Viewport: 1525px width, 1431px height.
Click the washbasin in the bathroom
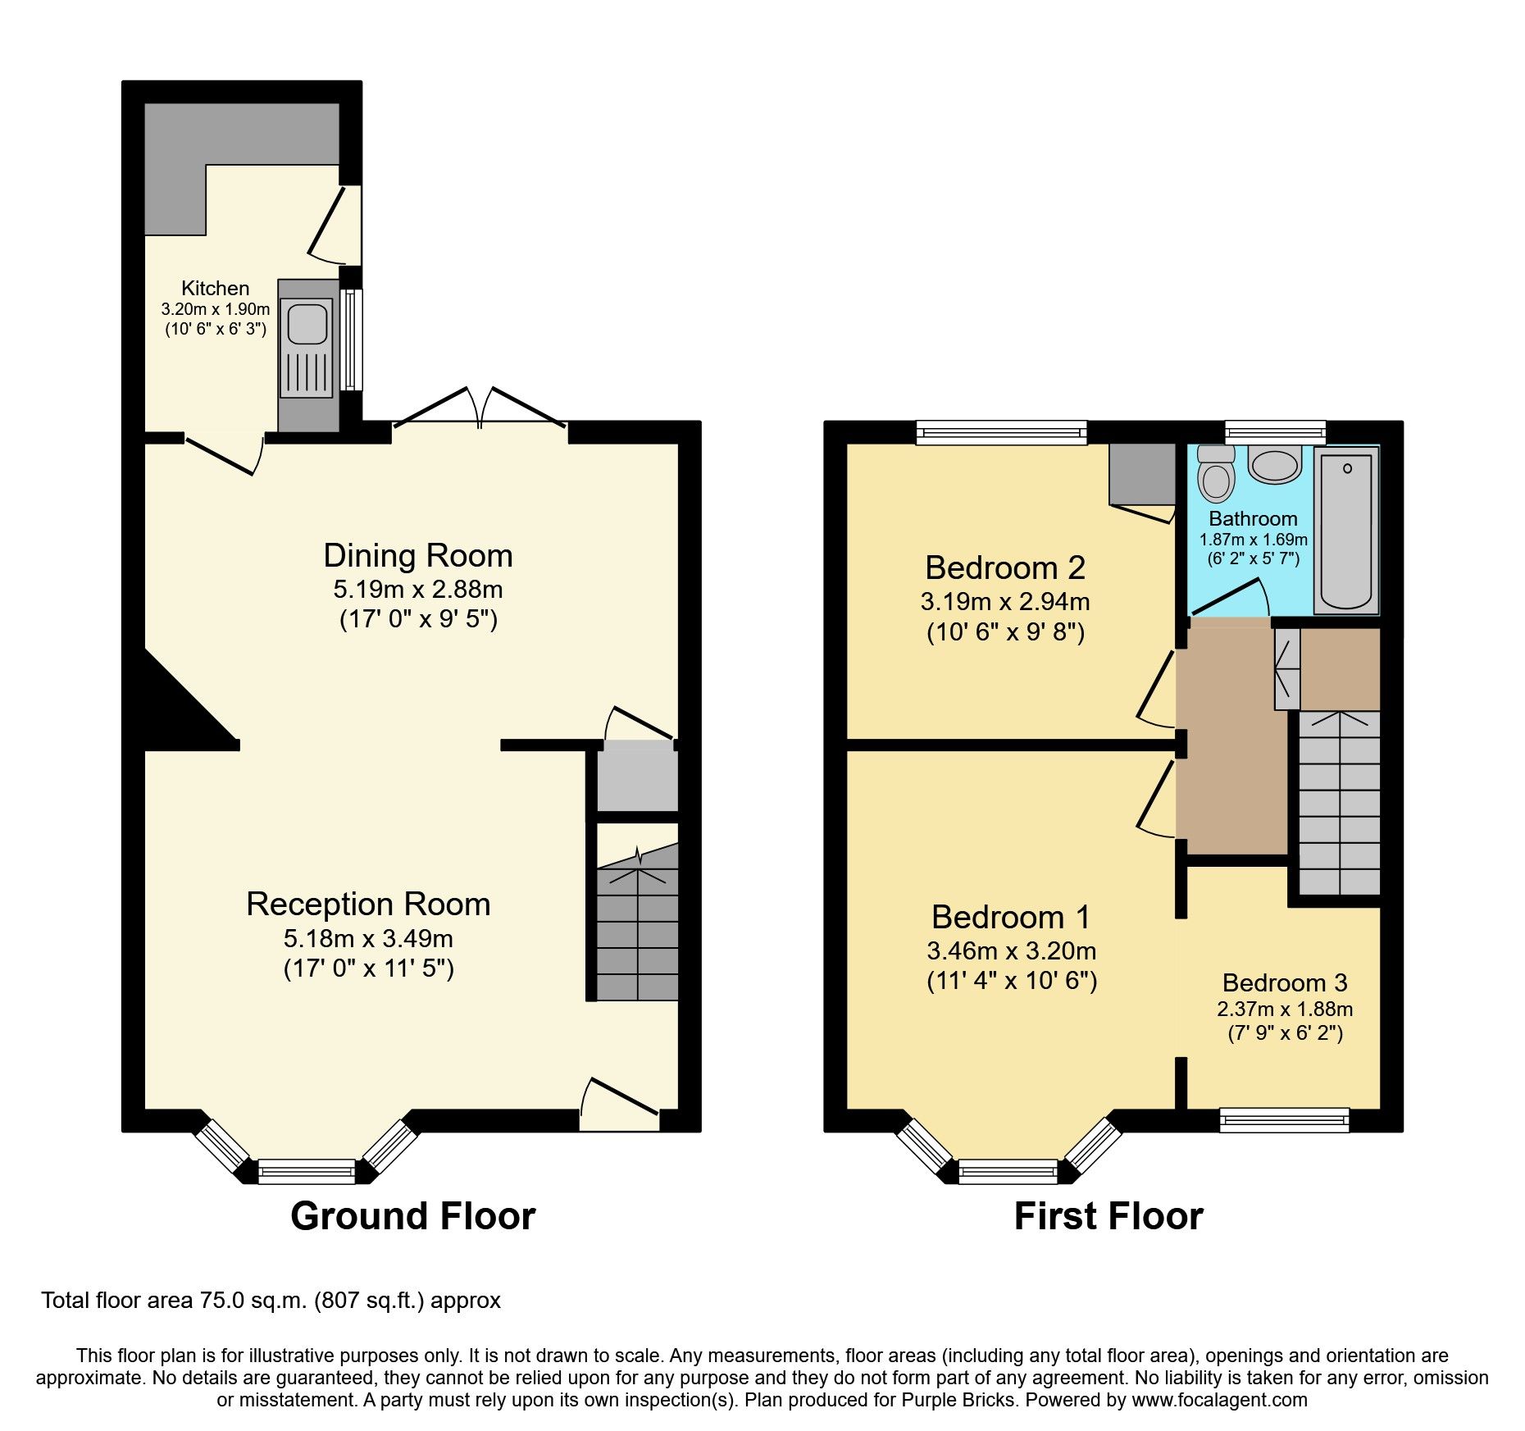pyautogui.click(x=1274, y=465)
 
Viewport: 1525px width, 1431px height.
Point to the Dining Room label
pyautogui.click(x=418, y=556)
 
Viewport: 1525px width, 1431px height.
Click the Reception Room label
pyautogui.click(x=368, y=904)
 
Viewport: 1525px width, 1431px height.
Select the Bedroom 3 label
pyautogui.click(x=1284, y=982)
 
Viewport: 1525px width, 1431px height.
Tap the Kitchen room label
pyautogui.click(x=215, y=289)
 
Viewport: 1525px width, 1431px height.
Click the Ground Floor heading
pyautogui.click(x=412, y=1215)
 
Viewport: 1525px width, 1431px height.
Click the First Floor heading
pyautogui.click(x=1108, y=1215)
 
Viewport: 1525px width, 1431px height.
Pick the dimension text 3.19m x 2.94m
pyautogui.click(x=1004, y=602)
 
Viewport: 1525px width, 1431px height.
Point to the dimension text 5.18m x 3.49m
pyautogui.click(x=368, y=938)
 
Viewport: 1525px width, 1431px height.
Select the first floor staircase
pyautogui.click(x=1339, y=804)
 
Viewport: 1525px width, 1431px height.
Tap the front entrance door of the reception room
pyautogui.click(x=620, y=1104)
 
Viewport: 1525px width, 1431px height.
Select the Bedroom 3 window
pyautogui.click(x=1284, y=1119)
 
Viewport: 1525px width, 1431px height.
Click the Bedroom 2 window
pyautogui.click(x=1001, y=432)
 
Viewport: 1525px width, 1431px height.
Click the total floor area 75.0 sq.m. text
pyautogui.click(x=271, y=1301)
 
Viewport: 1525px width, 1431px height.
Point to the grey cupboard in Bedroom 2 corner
pyautogui.click(x=1141, y=474)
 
